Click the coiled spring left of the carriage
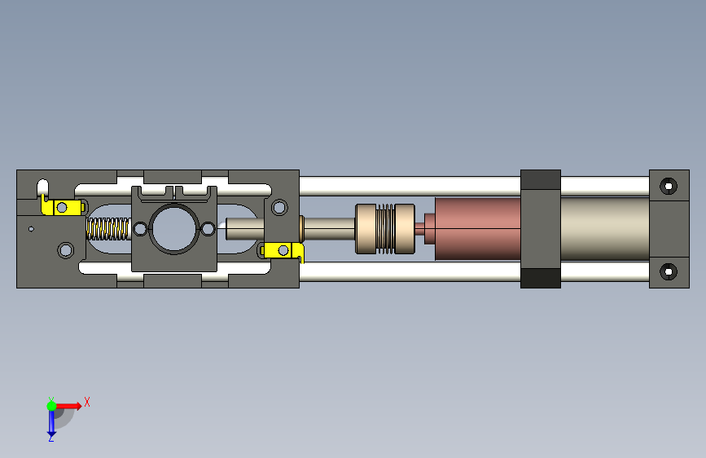[108, 228]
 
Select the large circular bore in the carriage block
[174, 228]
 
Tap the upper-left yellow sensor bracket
[62, 205]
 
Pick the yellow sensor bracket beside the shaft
[283, 251]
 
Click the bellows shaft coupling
[385, 228]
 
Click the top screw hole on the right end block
[669, 186]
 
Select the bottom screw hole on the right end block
[669, 271]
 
